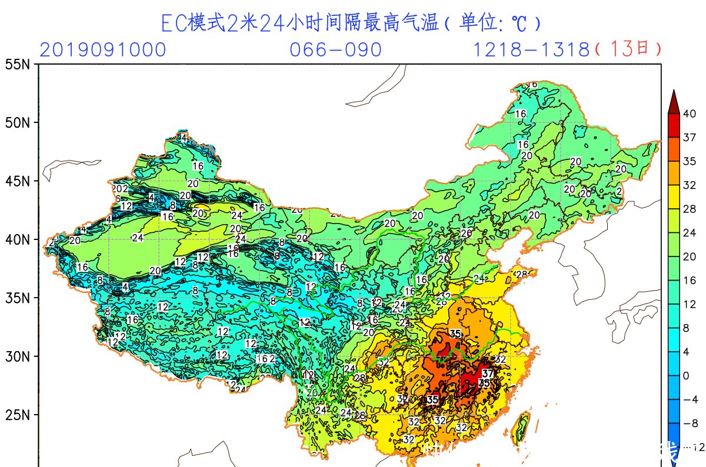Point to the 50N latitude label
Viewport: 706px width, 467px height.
(17, 123)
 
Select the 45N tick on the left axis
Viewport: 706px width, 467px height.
(17, 181)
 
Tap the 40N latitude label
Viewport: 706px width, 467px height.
(17, 239)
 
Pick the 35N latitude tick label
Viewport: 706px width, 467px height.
(17, 298)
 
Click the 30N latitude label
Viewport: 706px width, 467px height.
(17, 356)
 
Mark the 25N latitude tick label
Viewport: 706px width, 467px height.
(17, 415)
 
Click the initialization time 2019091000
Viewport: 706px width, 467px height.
(103, 50)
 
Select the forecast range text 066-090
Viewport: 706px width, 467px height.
(336, 50)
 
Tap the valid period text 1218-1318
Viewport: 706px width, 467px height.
(531, 50)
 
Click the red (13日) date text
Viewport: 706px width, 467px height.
(628, 49)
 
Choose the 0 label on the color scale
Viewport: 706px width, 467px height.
(686, 375)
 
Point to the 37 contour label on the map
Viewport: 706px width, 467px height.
(488, 373)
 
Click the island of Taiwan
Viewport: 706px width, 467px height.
(521, 428)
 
